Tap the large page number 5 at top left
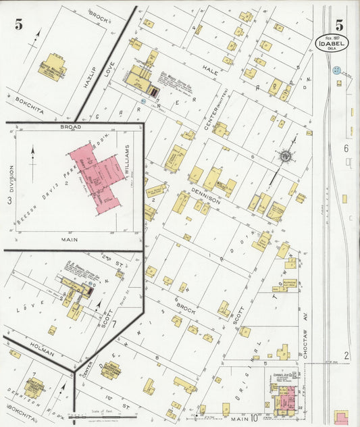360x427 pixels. click(x=19, y=25)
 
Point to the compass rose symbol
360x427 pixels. click(x=286, y=157)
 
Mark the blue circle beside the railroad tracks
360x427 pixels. click(x=336, y=70)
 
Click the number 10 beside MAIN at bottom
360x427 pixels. click(x=255, y=419)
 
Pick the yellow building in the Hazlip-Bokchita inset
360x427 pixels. click(x=52, y=66)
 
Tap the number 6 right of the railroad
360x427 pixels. click(x=345, y=147)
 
